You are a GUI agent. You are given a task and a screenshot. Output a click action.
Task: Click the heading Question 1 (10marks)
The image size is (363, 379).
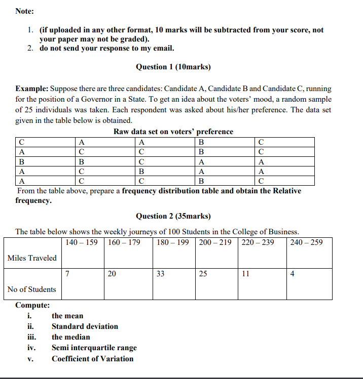coord(173,67)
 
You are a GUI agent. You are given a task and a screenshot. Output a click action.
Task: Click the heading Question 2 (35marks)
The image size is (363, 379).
coord(173,216)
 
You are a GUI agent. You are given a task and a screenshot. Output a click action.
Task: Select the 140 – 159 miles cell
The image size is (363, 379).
coord(82,242)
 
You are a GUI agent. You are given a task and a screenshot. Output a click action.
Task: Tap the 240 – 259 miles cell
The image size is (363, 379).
coord(307,242)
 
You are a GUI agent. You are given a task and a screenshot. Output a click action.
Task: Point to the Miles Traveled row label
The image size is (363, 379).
coord(32,258)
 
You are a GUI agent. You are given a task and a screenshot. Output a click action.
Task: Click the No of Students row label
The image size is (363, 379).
coord(32,289)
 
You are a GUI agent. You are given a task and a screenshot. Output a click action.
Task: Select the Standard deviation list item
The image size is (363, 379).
coord(85,326)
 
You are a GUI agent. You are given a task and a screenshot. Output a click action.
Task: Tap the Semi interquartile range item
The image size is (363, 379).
coord(94,348)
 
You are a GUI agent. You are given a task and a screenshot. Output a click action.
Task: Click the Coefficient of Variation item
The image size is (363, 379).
coord(92,359)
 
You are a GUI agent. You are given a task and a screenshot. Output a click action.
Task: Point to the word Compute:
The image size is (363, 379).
coord(32,305)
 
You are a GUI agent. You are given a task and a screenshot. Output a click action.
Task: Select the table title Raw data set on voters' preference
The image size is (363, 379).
coord(173,132)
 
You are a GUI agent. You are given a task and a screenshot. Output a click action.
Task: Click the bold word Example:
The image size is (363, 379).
coord(32,89)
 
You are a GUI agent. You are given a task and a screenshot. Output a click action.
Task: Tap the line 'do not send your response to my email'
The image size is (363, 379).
coord(107,49)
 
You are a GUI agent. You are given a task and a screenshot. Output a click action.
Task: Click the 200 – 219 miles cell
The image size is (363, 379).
coord(215,242)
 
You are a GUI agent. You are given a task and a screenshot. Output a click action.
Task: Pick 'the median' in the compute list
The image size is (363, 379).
coord(71,337)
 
